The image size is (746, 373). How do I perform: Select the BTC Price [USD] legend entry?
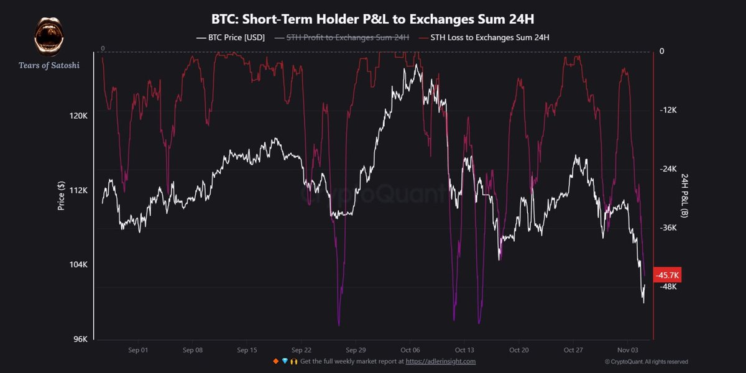(231, 38)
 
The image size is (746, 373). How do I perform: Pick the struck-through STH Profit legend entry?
(341, 38)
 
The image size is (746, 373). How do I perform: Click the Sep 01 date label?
(139, 350)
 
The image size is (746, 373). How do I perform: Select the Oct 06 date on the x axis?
(410, 350)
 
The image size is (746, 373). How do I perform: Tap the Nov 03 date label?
(627, 350)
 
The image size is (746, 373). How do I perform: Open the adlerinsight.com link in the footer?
(442, 361)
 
